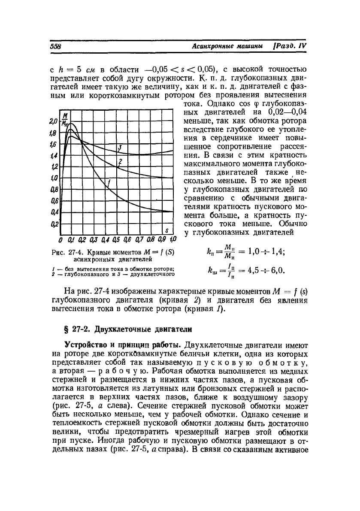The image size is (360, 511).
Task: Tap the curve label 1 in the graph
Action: coord(109,183)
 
